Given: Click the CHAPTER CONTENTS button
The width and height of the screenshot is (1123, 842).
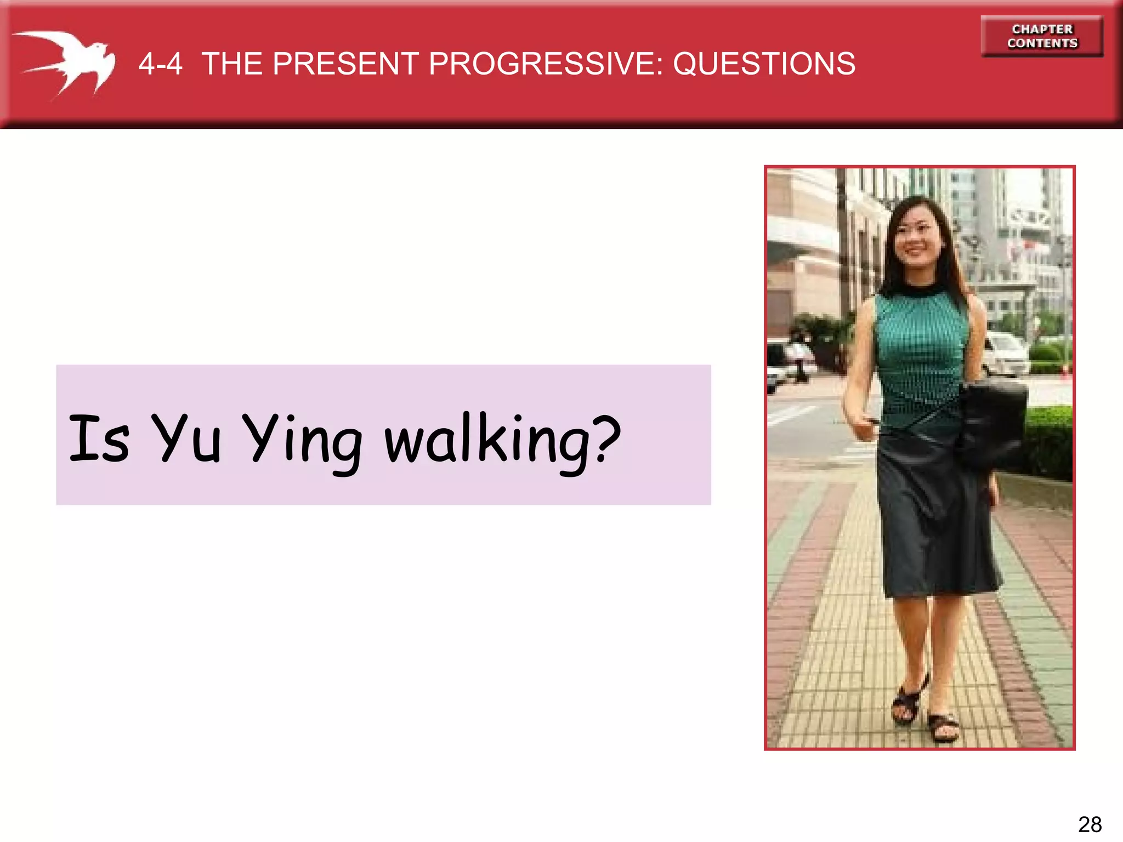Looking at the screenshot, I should click(x=1042, y=36).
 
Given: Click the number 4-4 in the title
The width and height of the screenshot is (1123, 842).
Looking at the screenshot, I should click(x=160, y=64).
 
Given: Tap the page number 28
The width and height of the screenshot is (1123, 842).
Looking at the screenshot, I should click(x=1090, y=824).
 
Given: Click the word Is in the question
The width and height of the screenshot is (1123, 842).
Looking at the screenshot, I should click(x=99, y=438).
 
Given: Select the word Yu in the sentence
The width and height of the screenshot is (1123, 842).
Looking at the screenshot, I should click(x=186, y=438).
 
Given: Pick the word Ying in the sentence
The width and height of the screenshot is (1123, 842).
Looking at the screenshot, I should click(x=302, y=441).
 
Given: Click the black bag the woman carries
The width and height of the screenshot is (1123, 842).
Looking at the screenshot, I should click(x=992, y=422).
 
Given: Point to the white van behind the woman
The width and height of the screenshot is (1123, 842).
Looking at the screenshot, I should click(x=1006, y=354).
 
